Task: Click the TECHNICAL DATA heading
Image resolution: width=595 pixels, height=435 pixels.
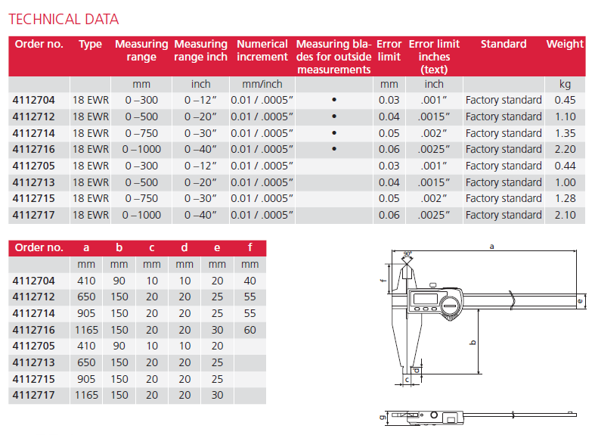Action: (x=64, y=19)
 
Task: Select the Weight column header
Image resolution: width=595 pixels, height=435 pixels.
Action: (x=565, y=44)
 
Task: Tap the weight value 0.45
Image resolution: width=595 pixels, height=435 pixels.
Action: (x=565, y=100)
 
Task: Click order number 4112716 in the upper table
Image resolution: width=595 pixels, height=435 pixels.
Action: (x=33, y=149)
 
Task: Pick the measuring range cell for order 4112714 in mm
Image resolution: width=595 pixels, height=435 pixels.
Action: (x=141, y=133)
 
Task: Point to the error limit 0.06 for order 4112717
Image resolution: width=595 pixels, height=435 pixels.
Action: (x=389, y=215)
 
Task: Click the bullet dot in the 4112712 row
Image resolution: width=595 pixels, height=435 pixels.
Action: (x=334, y=117)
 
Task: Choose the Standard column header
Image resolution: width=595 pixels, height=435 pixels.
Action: (x=504, y=44)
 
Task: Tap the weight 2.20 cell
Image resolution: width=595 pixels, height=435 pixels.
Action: (x=565, y=149)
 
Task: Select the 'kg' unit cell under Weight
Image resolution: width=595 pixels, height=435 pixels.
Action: (x=565, y=84)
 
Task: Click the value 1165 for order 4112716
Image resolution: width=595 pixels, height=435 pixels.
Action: (x=86, y=330)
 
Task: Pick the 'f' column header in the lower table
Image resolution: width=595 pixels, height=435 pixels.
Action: (x=250, y=247)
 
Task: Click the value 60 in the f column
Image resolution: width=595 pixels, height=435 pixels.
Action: (x=249, y=330)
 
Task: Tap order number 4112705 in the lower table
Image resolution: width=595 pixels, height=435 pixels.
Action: (x=33, y=346)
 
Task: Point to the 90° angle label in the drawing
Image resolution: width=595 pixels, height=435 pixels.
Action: (x=408, y=254)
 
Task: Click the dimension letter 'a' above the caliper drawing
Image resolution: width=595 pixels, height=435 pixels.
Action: (x=491, y=247)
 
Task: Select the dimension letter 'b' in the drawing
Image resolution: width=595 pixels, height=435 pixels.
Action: (x=473, y=343)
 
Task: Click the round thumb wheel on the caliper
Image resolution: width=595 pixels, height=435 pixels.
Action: (x=451, y=306)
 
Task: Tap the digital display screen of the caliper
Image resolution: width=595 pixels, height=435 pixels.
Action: (x=426, y=299)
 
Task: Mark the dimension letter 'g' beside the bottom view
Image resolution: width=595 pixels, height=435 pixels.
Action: (x=383, y=417)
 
